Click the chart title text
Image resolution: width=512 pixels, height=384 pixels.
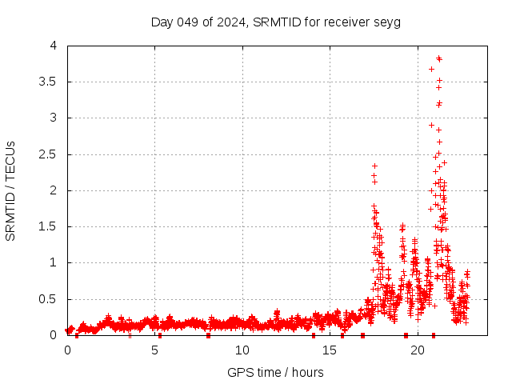(x=275, y=22)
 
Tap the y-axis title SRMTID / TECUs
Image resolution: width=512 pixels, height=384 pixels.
(x=10, y=191)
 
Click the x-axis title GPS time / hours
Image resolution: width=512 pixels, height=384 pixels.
(x=275, y=372)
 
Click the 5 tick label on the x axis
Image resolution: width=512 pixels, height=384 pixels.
(x=154, y=350)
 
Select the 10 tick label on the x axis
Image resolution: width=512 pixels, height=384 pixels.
(x=242, y=350)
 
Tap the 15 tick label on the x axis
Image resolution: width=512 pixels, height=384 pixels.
(x=329, y=350)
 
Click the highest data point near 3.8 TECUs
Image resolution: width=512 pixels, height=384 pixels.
(x=439, y=58)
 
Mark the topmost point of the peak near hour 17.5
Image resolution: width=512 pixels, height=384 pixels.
(x=374, y=166)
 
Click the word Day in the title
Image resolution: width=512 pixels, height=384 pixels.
(x=162, y=22)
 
